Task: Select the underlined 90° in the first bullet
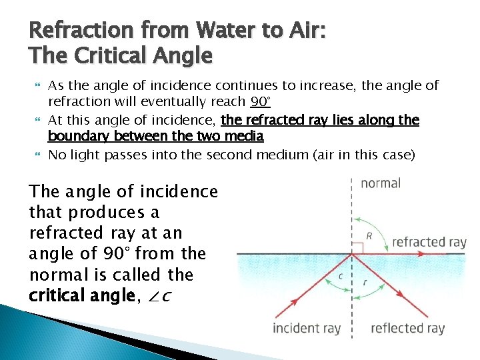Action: [260, 102]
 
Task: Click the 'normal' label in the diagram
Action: [381, 183]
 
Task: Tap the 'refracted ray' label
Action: [429, 242]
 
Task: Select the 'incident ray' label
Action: [307, 328]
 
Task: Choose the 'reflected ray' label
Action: [407, 328]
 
